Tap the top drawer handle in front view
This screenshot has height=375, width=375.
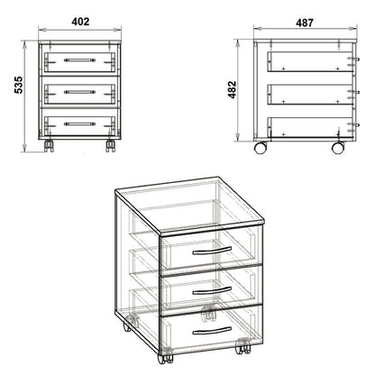(x=80, y=62)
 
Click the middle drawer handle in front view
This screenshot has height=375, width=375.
(x=80, y=91)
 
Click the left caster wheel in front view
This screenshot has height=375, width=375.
(x=50, y=144)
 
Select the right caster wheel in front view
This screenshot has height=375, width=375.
(x=110, y=144)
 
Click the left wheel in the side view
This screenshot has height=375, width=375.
(x=261, y=146)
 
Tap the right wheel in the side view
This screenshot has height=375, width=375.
(x=338, y=146)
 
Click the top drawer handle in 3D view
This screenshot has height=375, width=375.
(x=213, y=254)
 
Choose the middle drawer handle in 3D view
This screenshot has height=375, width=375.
(x=213, y=289)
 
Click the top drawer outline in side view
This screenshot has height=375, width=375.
(x=309, y=62)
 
